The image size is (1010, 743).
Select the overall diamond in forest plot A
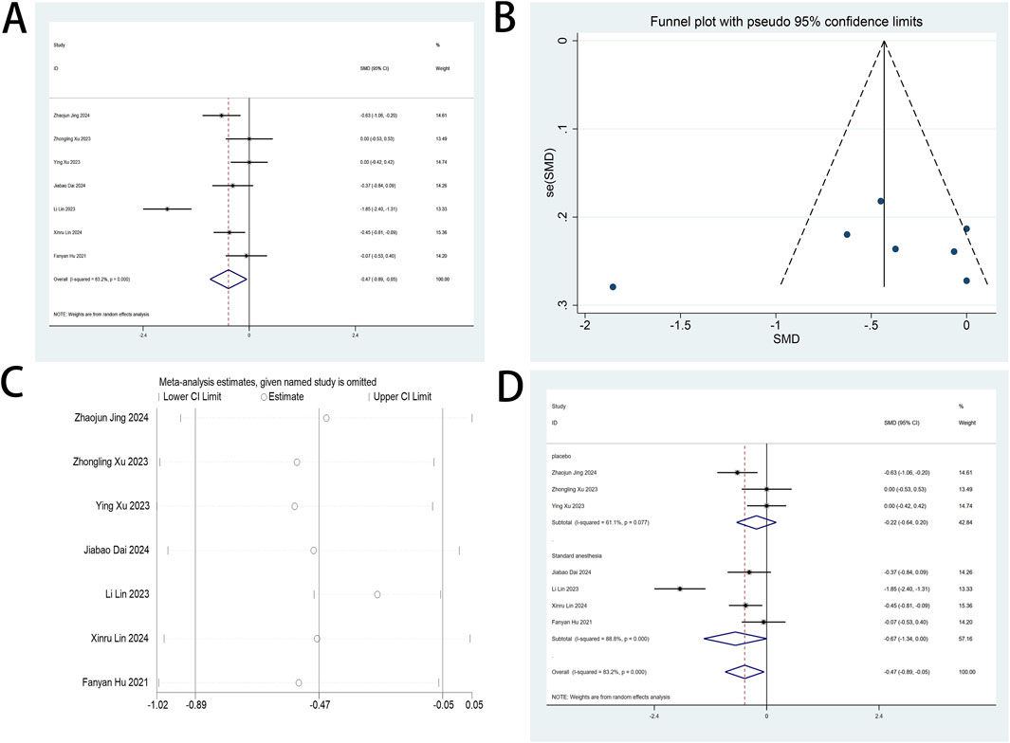(x=228, y=279)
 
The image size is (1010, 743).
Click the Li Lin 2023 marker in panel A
(x=167, y=208)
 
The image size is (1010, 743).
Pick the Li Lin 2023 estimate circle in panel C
(x=377, y=594)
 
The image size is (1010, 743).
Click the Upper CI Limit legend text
(x=397, y=396)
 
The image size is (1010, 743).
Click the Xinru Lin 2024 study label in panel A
(x=74, y=232)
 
